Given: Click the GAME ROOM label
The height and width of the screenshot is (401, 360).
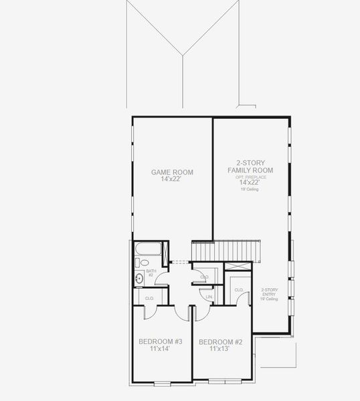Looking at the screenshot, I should pyautogui.click(x=172, y=172).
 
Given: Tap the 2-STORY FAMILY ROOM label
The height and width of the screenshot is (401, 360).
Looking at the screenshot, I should pyautogui.click(x=250, y=166).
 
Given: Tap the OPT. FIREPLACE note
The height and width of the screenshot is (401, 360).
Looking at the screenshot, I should pyautogui.click(x=251, y=177).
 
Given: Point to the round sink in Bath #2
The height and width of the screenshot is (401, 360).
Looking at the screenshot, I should pyautogui.click(x=139, y=279).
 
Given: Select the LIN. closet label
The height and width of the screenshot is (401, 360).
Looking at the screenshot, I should pyautogui.click(x=209, y=296).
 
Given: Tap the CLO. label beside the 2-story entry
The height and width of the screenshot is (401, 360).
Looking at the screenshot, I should pyautogui.click(x=238, y=289).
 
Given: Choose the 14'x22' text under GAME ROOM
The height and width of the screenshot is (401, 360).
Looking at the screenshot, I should pyautogui.click(x=172, y=180).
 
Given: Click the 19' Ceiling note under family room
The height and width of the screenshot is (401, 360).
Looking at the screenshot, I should pyautogui.click(x=250, y=190).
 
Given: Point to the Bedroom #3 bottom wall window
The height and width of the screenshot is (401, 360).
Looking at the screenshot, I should pyautogui.click(x=163, y=382).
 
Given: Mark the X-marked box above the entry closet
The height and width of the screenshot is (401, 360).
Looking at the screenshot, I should pyautogui.click(x=239, y=265).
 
